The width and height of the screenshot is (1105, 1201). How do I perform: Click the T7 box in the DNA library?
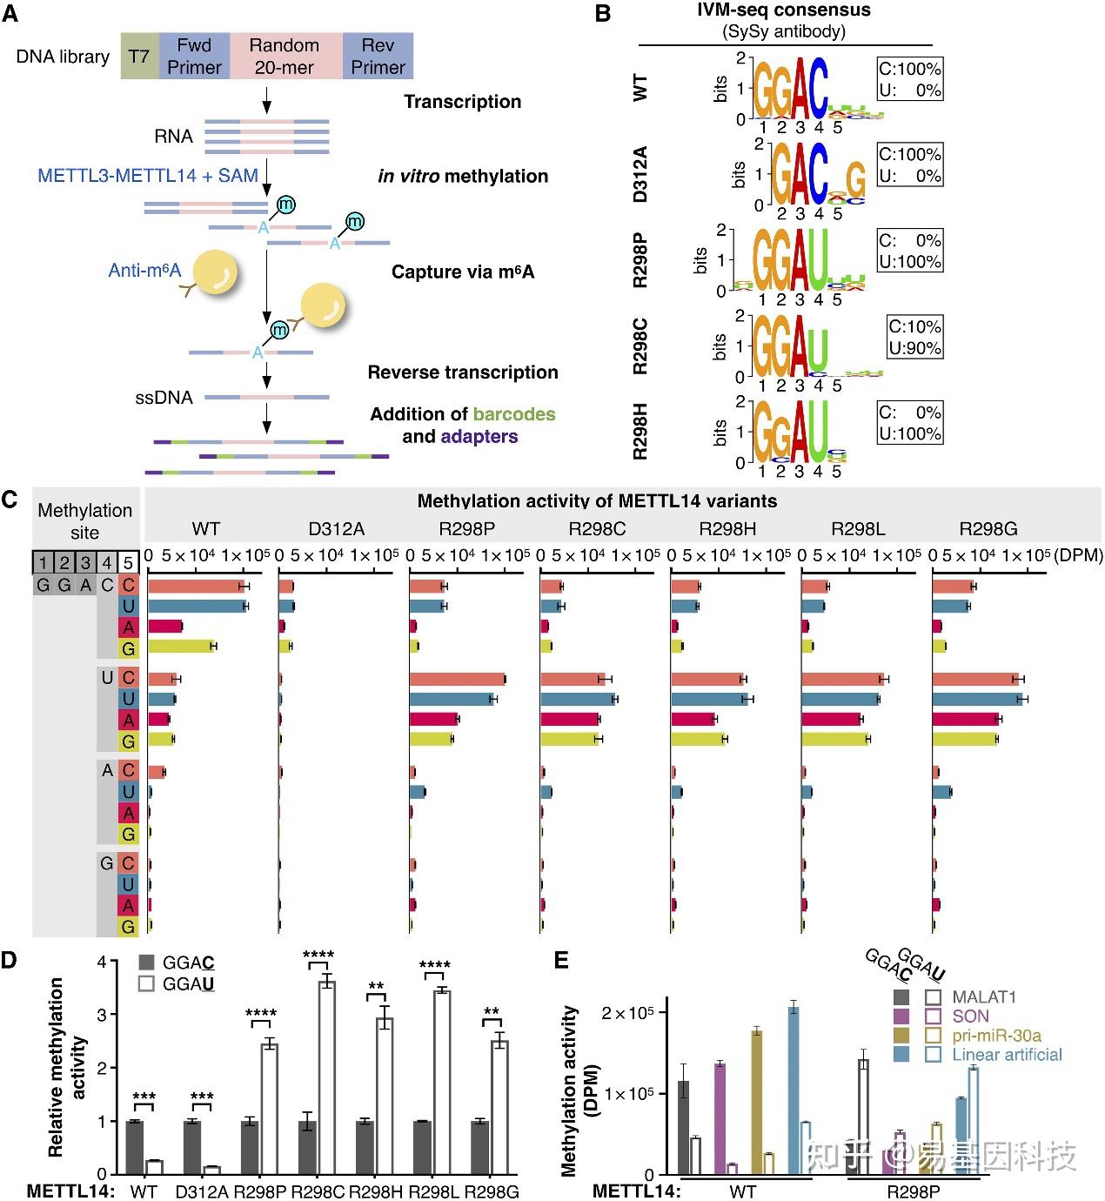click(139, 57)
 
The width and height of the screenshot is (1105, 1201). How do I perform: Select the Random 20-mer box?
click(285, 57)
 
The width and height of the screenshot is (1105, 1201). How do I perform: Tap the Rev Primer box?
click(378, 57)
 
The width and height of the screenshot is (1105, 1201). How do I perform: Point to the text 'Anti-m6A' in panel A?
click(144, 271)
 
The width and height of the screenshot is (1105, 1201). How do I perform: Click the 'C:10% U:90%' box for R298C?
click(914, 337)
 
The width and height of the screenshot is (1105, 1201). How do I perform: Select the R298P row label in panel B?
click(641, 260)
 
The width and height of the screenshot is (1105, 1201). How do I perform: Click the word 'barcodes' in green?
click(514, 414)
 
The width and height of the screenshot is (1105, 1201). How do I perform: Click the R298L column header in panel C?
click(858, 528)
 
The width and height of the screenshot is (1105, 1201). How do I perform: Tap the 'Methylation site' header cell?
click(84, 521)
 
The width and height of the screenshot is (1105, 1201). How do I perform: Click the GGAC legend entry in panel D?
click(177, 963)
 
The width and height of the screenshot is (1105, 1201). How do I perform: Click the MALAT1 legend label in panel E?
click(984, 997)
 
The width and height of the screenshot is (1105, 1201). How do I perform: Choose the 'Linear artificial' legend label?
click(1007, 1055)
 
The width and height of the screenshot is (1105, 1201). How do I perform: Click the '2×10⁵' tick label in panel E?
click(627, 1013)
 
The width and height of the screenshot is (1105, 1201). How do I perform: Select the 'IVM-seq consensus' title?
click(784, 10)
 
